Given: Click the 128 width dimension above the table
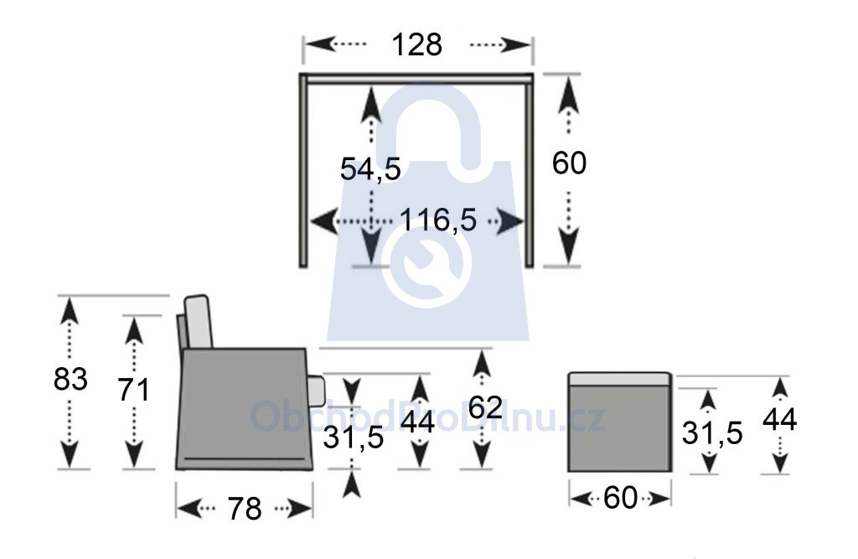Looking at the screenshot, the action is coord(417,45).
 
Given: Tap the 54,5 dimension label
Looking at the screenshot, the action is coord(370,168).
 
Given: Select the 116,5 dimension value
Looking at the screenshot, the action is coord(438,220).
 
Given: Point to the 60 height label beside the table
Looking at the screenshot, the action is coord(569,163).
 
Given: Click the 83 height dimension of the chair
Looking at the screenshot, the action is coord(70,379).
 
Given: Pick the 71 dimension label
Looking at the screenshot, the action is coord(134,391).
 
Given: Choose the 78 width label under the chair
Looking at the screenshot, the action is coord(245,510).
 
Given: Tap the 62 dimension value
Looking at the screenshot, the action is coord(485,408).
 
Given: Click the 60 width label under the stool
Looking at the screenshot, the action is coord(621,498).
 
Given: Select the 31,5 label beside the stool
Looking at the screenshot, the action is coord(712,433).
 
